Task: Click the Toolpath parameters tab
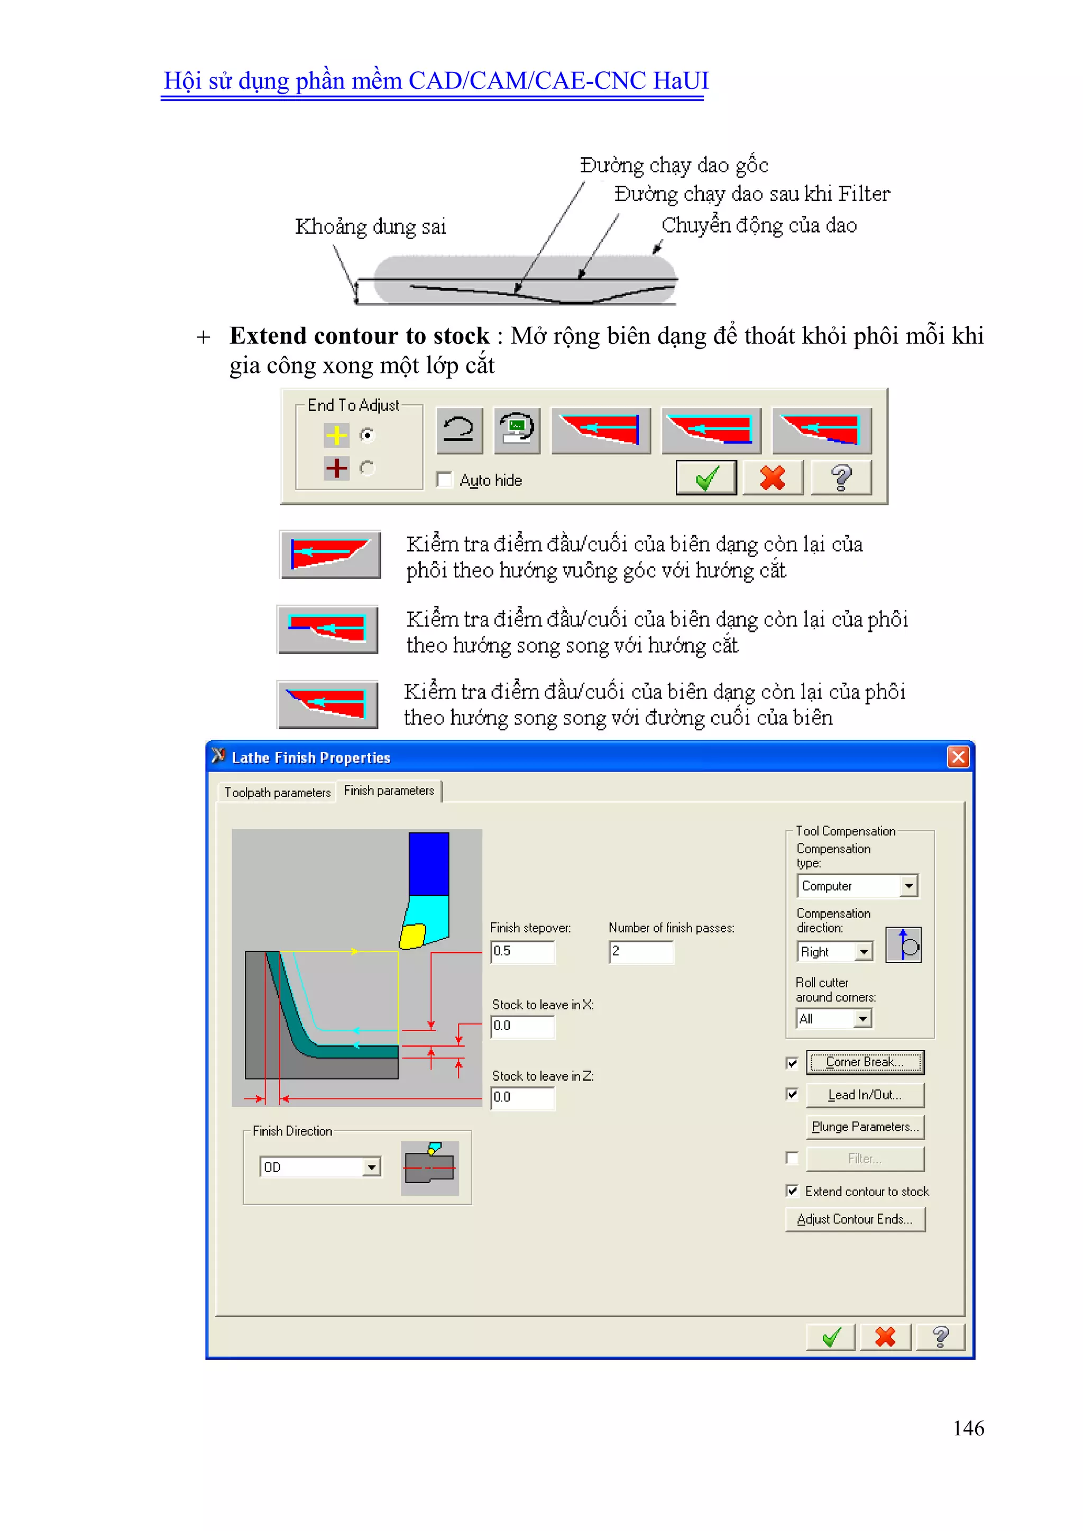278,792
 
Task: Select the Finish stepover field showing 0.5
522,951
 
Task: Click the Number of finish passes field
641,951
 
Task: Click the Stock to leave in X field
522,1026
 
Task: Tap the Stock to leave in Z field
522,1097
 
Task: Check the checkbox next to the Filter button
792,1158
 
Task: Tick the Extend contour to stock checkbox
792,1191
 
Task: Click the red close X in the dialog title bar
958,757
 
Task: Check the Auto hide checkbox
444,480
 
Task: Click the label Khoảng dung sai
370,227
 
